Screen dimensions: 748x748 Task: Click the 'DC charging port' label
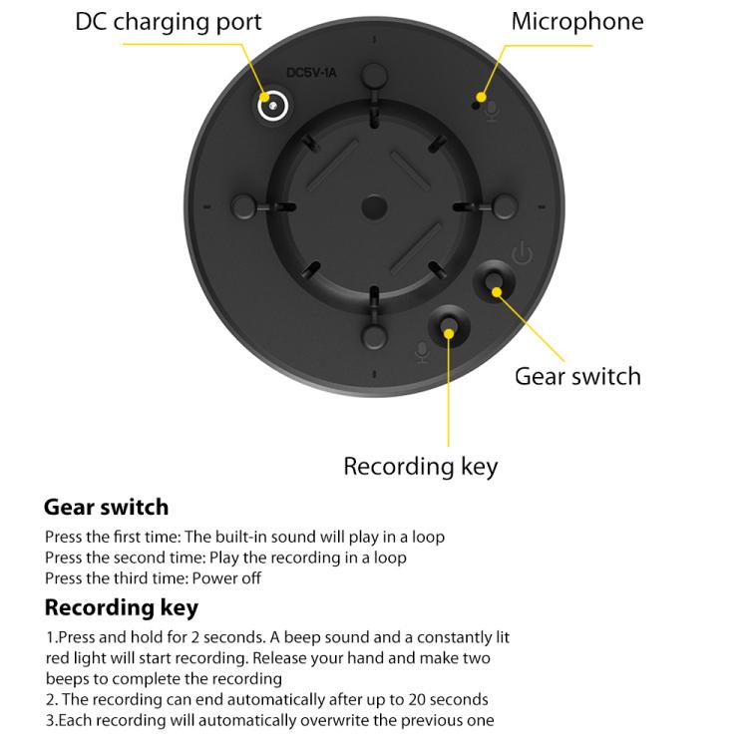coord(169,22)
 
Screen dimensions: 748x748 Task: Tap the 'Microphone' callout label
coord(577,22)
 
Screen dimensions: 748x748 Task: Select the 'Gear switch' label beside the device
coord(577,376)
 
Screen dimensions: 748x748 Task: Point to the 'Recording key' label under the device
coord(420,467)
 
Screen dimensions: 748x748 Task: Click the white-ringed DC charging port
coord(272,106)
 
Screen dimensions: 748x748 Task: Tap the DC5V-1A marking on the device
coord(311,73)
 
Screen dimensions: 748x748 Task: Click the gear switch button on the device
coord(495,281)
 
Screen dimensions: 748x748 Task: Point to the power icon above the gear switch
coord(523,253)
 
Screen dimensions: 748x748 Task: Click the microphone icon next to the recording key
coord(422,353)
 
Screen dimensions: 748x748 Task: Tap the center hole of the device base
coord(374,208)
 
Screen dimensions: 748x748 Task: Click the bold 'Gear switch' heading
coord(106,507)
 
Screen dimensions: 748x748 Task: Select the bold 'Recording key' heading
coord(121,608)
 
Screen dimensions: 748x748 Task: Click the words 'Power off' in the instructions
coord(226,578)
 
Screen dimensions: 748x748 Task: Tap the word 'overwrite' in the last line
coord(335,720)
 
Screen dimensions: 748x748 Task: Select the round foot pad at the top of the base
coord(374,76)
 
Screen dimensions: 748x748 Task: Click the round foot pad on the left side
coord(243,207)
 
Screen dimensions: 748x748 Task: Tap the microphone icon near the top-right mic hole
coord(493,112)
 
